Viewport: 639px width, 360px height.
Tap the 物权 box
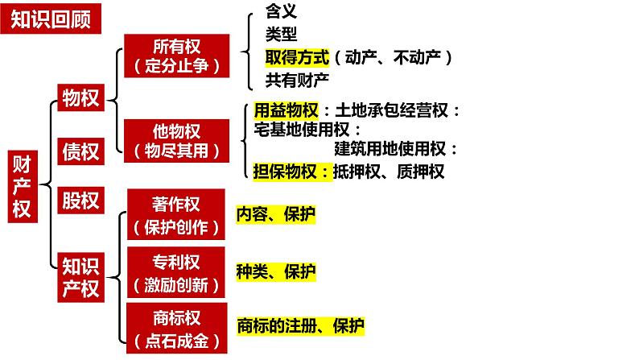81,98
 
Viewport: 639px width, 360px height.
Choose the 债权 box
81,151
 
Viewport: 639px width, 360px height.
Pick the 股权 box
81,200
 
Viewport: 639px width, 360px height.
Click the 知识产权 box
81,278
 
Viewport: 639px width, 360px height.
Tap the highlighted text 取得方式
297,57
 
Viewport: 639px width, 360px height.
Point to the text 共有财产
297,79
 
